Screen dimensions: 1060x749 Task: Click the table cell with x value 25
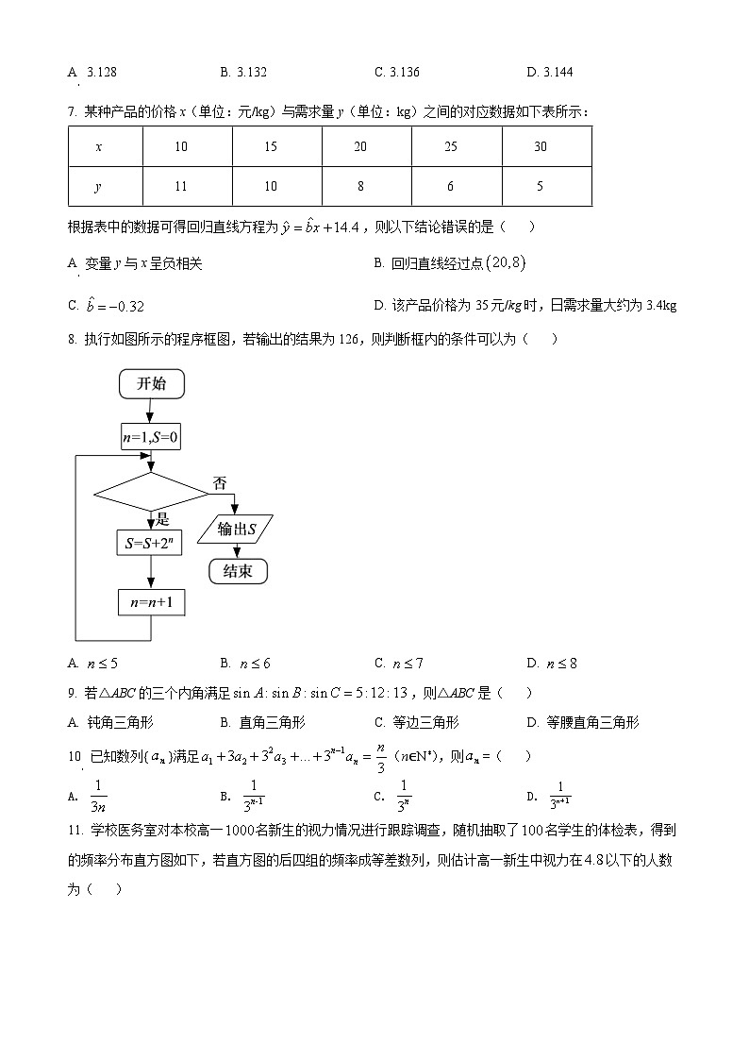coord(450,146)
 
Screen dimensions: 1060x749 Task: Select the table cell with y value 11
coord(182,186)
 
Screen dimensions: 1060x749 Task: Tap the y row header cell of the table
coord(98,186)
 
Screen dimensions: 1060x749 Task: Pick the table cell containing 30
coord(540,146)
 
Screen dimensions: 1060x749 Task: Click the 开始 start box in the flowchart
coord(151,383)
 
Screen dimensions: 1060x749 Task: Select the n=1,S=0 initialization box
coord(151,437)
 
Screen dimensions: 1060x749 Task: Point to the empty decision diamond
coord(151,493)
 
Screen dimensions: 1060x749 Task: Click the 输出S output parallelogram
coord(237,530)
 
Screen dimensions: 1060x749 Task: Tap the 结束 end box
coord(237,571)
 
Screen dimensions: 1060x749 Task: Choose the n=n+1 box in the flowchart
coord(151,602)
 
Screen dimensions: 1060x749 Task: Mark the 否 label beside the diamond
coord(220,483)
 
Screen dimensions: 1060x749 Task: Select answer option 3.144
coord(556,72)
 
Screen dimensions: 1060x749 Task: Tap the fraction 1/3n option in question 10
coord(98,795)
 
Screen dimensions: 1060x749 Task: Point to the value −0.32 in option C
coord(122,306)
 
